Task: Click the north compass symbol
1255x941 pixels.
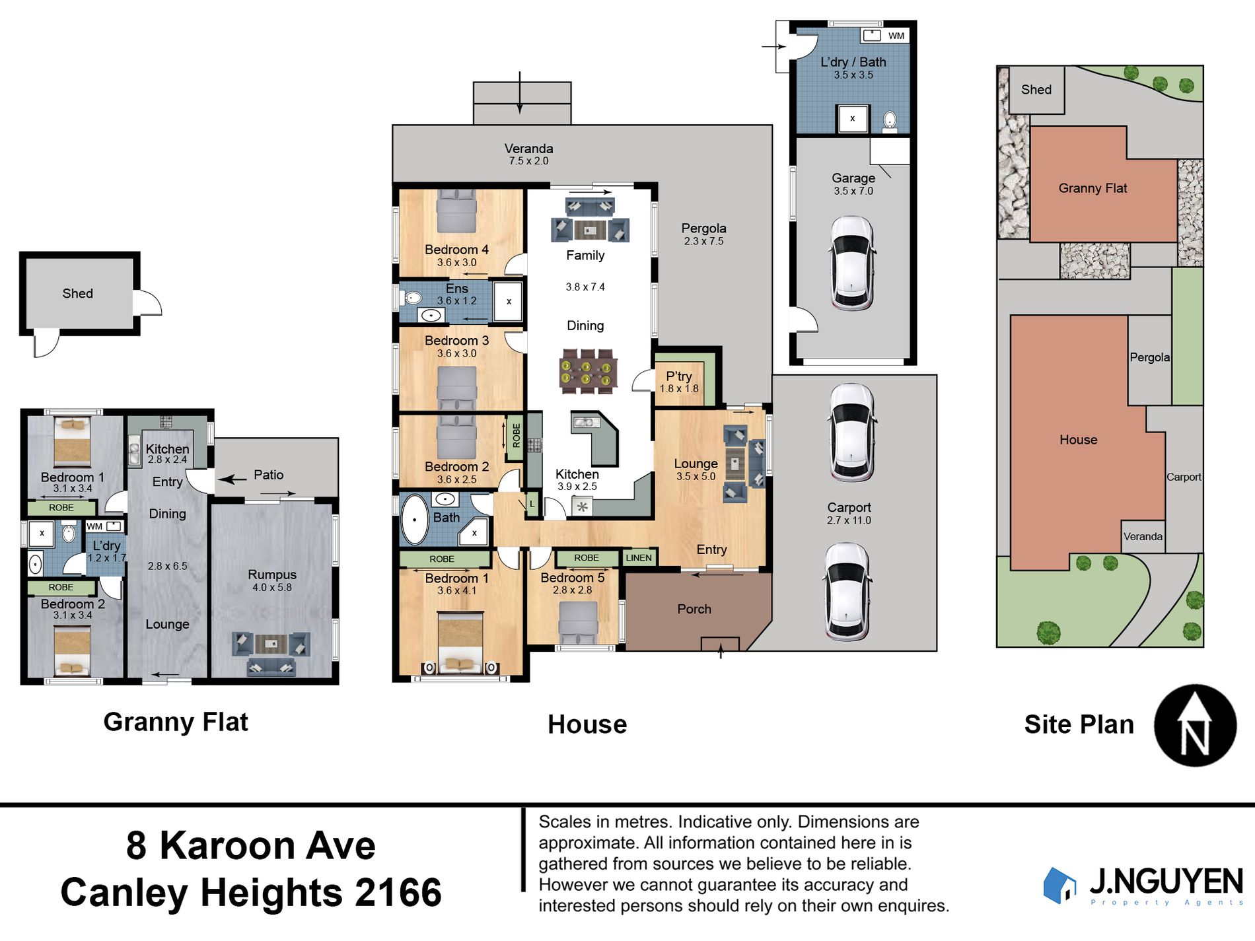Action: point(1195,725)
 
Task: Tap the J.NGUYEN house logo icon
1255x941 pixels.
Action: point(1059,885)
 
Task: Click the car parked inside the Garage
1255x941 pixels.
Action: point(852,263)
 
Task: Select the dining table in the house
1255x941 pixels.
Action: point(588,371)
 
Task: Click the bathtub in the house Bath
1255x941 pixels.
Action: point(415,519)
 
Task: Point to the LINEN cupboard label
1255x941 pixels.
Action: point(639,558)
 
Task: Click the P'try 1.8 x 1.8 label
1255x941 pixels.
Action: point(679,382)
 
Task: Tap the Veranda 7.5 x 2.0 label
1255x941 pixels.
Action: point(528,154)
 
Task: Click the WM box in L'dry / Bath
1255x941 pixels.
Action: point(896,36)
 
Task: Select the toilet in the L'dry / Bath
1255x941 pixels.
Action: point(890,120)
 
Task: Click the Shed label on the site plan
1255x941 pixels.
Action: point(1036,90)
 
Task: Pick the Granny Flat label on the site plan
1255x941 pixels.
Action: point(1093,188)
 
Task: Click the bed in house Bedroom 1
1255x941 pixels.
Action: point(462,644)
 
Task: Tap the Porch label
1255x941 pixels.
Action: point(694,609)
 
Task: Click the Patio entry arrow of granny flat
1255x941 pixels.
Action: point(232,479)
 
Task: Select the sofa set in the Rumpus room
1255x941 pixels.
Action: point(271,652)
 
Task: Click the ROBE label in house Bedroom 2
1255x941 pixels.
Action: point(516,436)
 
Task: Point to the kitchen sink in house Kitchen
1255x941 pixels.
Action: point(585,422)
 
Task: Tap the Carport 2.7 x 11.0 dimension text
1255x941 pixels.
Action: point(849,520)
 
